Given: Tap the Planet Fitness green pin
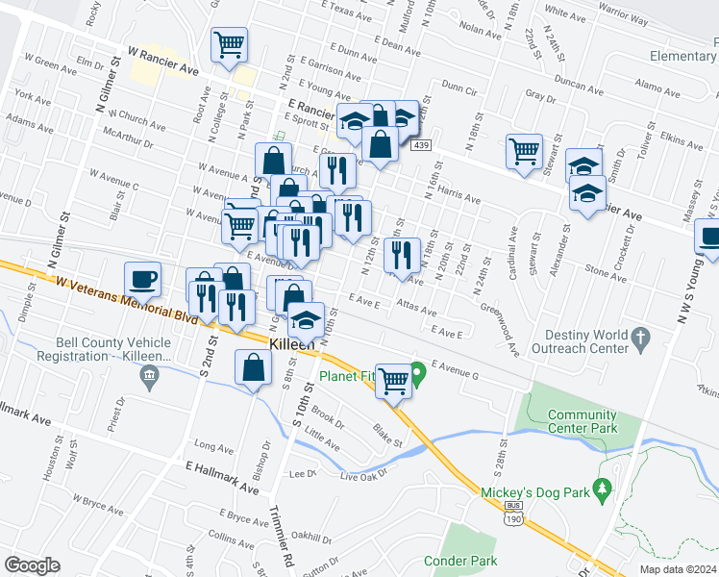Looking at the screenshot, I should (x=417, y=370).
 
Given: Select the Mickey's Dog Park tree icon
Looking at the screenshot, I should (x=603, y=490).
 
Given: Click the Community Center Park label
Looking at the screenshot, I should (x=581, y=421).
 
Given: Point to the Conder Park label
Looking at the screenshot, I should (x=459, y=561).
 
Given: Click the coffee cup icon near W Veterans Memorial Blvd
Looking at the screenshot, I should (x=142, y=279).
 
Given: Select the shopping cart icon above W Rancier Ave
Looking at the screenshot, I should (x=229, y=44).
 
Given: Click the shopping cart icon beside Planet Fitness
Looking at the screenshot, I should (x=392, y=381).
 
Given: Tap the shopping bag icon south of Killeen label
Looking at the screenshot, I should (x=253, y=368).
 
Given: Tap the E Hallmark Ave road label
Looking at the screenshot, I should (x=222, y=477).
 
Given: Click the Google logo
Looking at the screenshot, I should (x=33, y=565).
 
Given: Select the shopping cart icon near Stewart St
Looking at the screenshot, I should (x=524, y=150).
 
